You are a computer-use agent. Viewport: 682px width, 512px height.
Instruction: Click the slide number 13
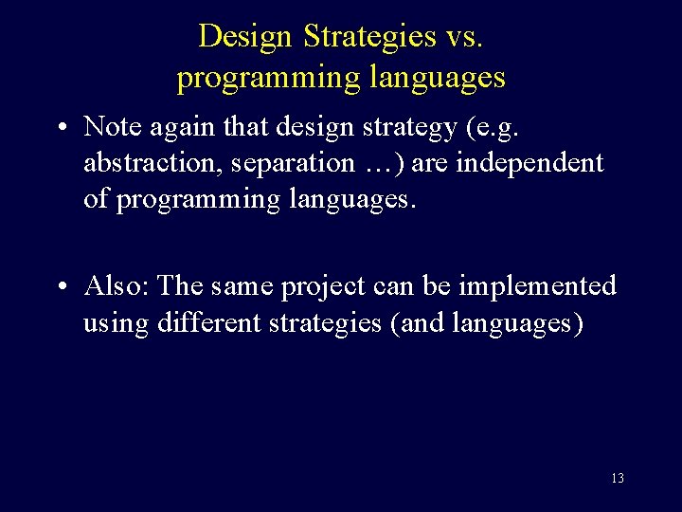click(617, 479)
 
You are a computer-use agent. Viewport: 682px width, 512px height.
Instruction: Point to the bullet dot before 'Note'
click(62, 128)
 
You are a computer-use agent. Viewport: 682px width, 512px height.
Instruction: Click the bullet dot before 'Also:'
click(62, 287)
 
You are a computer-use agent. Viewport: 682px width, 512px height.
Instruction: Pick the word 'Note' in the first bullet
click(113, 126)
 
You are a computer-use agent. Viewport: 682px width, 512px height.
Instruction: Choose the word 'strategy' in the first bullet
click(424, 126)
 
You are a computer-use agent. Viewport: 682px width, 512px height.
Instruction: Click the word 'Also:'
click(117, 285)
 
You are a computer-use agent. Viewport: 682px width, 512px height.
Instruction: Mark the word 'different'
click(212, 323)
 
